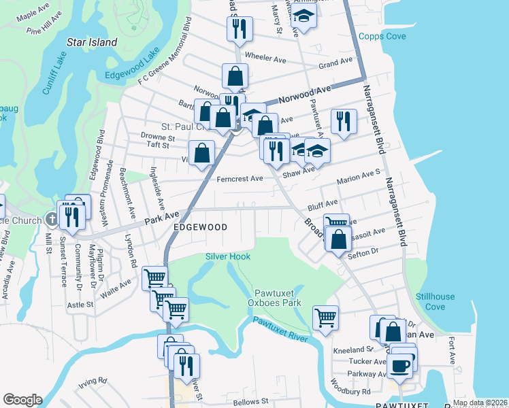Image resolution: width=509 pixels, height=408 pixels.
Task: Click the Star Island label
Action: [92, 42]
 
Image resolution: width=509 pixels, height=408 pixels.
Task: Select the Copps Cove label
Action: [382, 36]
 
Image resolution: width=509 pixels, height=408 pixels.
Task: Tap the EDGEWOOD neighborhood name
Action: [199, 226]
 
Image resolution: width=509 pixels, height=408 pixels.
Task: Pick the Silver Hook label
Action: [228, 256]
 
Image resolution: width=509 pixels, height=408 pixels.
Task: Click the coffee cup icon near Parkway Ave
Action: [400, 366]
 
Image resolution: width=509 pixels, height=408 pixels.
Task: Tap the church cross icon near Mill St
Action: [53, 219]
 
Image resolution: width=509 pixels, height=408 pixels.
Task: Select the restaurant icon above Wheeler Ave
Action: [239, 28]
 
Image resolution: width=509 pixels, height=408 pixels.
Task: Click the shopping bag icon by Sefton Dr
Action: [338, 239]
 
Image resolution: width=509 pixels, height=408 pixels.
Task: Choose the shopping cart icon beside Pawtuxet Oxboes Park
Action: [326, 317]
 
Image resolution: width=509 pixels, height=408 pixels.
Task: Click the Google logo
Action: [22, 400]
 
